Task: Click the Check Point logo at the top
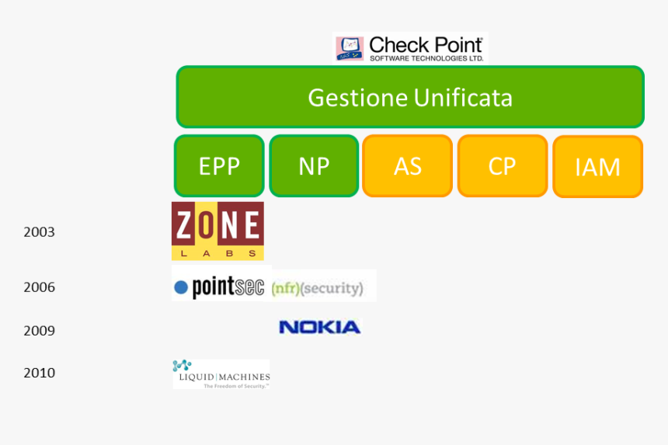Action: [x=409, y=48]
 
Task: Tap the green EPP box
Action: [x=219, y=165]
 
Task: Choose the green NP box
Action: [x=314, y=165]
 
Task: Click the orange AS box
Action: [x=408, y=165]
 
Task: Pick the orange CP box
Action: [x=502, y=165]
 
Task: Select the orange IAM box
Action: [x=597, y=167]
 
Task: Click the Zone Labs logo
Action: [x=217, y=231]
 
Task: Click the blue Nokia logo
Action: [x=319, y=327]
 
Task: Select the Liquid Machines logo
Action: [x=221, y=374]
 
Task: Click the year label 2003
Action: [x=39, y=231]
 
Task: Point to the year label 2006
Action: [x=39, y=287]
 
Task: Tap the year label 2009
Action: [x=39, y=331]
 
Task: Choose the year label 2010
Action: [x=39, y=373]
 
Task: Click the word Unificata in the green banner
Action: [x=463, y=98]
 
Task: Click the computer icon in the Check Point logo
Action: [x=350, y=48]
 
